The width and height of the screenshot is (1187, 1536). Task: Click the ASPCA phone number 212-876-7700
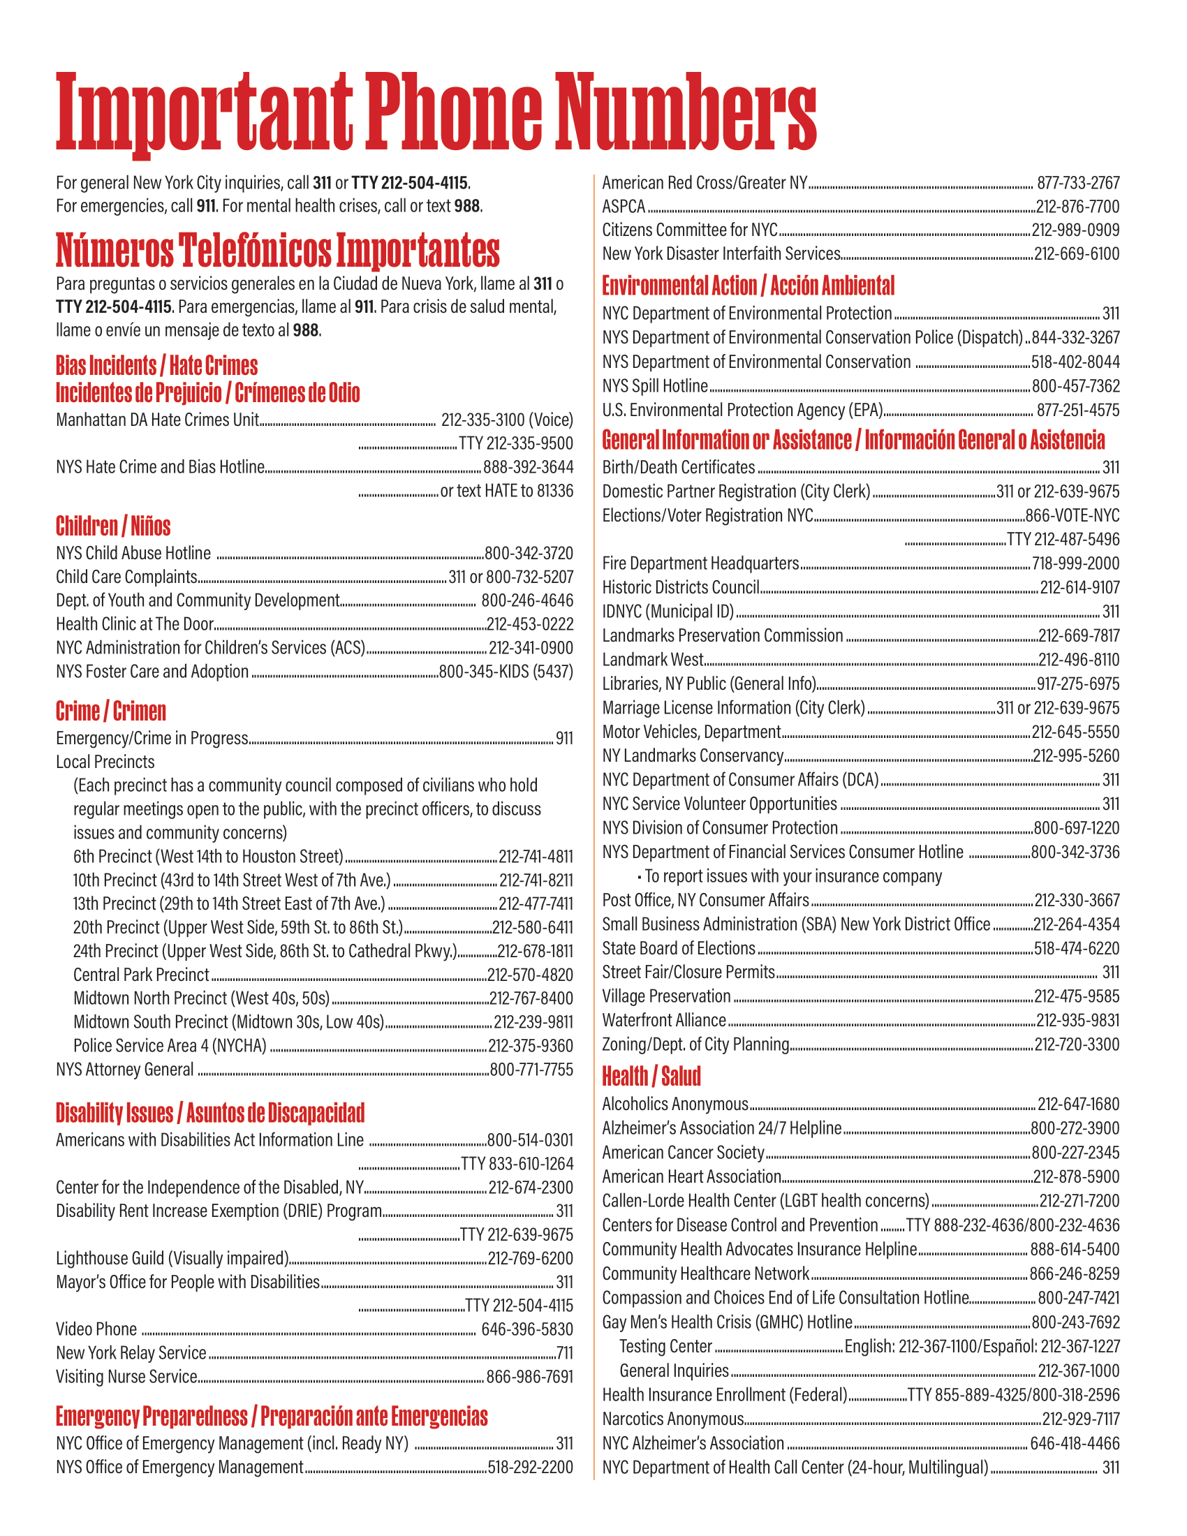coord(1077,207)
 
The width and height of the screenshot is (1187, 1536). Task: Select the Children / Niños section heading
coord(113,526)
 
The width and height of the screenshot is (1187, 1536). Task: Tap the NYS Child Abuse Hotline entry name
coord(133,554)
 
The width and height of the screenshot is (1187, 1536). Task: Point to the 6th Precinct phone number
coord(536,857)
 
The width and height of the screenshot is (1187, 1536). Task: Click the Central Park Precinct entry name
coord(140,975)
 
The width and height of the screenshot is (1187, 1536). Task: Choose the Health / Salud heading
coord(651,1076)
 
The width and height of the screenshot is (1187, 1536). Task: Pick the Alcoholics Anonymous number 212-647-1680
coord(1078,1105)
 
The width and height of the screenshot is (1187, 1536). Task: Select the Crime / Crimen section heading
coord(111,711)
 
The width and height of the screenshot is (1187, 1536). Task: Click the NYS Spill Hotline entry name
coord(655,386)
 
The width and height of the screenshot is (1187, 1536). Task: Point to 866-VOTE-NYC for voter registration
coord(1072,515)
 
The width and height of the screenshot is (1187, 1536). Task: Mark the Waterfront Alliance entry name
coord(664,1021)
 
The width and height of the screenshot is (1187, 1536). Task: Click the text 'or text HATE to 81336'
coord(506,491)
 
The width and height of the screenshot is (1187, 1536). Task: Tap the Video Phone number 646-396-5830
coord(526,1329)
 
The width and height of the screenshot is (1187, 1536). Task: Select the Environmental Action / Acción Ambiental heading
coord(749,286)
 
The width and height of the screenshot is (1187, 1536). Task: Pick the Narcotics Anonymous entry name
coord(672,1419)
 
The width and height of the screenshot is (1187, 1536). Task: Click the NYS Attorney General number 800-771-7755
coord(531,1070)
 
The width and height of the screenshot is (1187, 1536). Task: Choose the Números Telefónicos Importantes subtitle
coord(278,251)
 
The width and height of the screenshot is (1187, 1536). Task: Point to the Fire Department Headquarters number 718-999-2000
coord(1076,563)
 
